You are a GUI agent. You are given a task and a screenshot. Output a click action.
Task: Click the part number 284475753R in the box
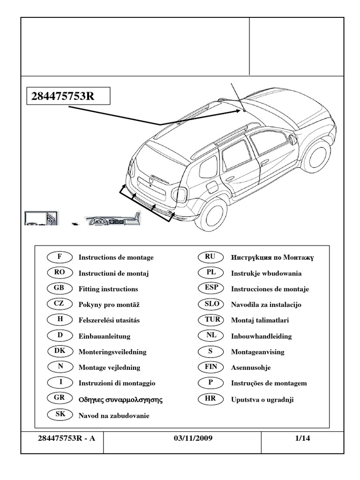[63, 97]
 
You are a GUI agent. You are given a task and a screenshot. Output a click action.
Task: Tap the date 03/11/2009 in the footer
[193, 439]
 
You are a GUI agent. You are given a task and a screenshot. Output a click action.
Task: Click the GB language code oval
[60, 288]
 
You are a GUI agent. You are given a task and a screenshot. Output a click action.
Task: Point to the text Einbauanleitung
[105, 336]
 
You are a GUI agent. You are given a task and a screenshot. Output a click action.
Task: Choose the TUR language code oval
[212, 320]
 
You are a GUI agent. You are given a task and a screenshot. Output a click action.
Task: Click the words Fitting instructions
[108, 289]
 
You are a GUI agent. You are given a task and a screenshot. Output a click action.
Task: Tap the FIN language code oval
[212, 367]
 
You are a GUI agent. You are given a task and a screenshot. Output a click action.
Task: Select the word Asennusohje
[251, 367]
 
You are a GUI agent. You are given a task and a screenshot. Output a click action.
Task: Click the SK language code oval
[60, 414]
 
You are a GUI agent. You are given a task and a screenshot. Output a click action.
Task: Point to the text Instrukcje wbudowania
[266, 273]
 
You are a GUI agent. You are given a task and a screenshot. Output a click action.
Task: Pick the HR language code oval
[212, 399]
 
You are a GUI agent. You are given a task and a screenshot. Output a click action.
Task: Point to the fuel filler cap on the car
[212, 187]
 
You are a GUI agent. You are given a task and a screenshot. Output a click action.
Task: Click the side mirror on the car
[292, 139]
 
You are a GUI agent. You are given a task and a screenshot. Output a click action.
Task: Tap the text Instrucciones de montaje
[270, 289]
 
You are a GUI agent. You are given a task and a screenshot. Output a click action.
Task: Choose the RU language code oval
[212, 257]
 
